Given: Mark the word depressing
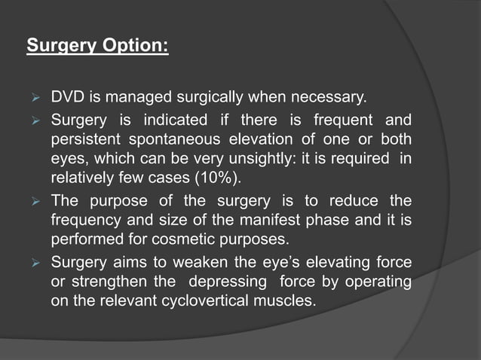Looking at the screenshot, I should pos(225,284).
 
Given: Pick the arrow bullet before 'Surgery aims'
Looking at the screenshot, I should pos(33,264).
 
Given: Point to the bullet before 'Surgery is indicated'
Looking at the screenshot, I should pos(33,121).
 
